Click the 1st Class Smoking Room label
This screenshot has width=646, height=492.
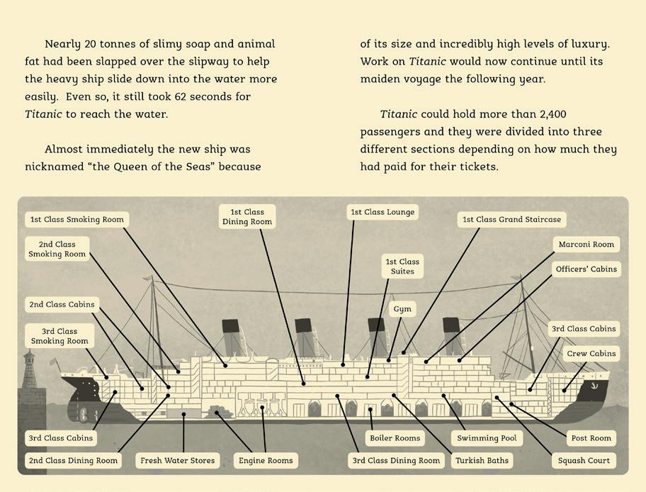click(x=76, y=220)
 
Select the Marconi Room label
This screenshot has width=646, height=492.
click(x=586, y=245)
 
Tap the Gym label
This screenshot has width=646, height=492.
click(x=402, y=310)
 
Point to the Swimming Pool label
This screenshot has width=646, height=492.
click(x=487, y=438)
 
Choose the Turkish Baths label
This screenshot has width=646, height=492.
click(x=482, y=461)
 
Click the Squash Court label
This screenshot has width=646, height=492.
click(x=584, y=461)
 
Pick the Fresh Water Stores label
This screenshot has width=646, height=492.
click(x=177, y=461)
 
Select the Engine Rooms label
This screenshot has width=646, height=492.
click(x=266, y=461)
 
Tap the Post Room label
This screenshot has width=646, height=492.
click(x=591, y=438)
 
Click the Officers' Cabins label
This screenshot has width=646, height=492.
click(x=586, y=269)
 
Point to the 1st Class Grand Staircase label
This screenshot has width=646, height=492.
click(x=511, y=220)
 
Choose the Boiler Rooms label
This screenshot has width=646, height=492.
click(x=395, y=438)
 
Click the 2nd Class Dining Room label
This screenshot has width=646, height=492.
click(x=73, y=461)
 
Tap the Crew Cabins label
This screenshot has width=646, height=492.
click(x=591, y=354)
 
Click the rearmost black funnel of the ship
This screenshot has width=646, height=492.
click(x=230, y=327)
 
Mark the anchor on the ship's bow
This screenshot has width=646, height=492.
click(x=594, y=386)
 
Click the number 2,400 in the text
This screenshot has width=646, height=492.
click(x=552, y=114)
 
